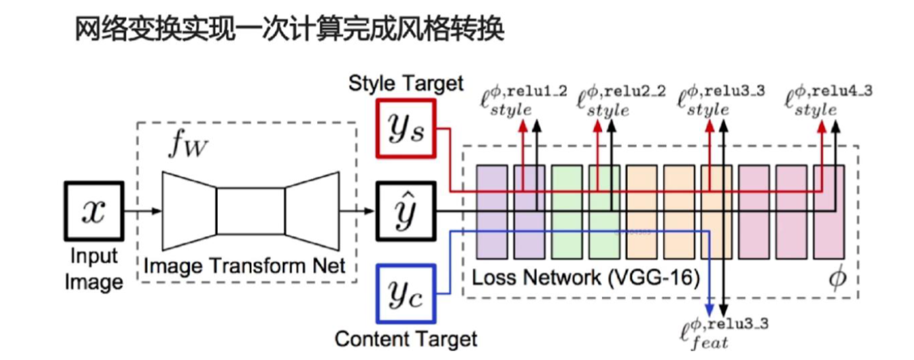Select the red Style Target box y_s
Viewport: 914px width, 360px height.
coord(405,128)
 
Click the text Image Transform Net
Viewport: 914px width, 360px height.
coord(244,266)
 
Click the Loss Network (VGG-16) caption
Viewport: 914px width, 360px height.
coord(585,277)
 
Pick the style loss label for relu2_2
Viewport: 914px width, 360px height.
coord(621,102)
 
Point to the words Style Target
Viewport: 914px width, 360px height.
coord(406,84)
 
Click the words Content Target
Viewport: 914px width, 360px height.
coord(406,339)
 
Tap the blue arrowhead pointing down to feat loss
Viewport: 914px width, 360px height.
coord(710,308)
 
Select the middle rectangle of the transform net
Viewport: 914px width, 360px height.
coord(251,211)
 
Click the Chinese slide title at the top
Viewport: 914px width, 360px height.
coord(291,30)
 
